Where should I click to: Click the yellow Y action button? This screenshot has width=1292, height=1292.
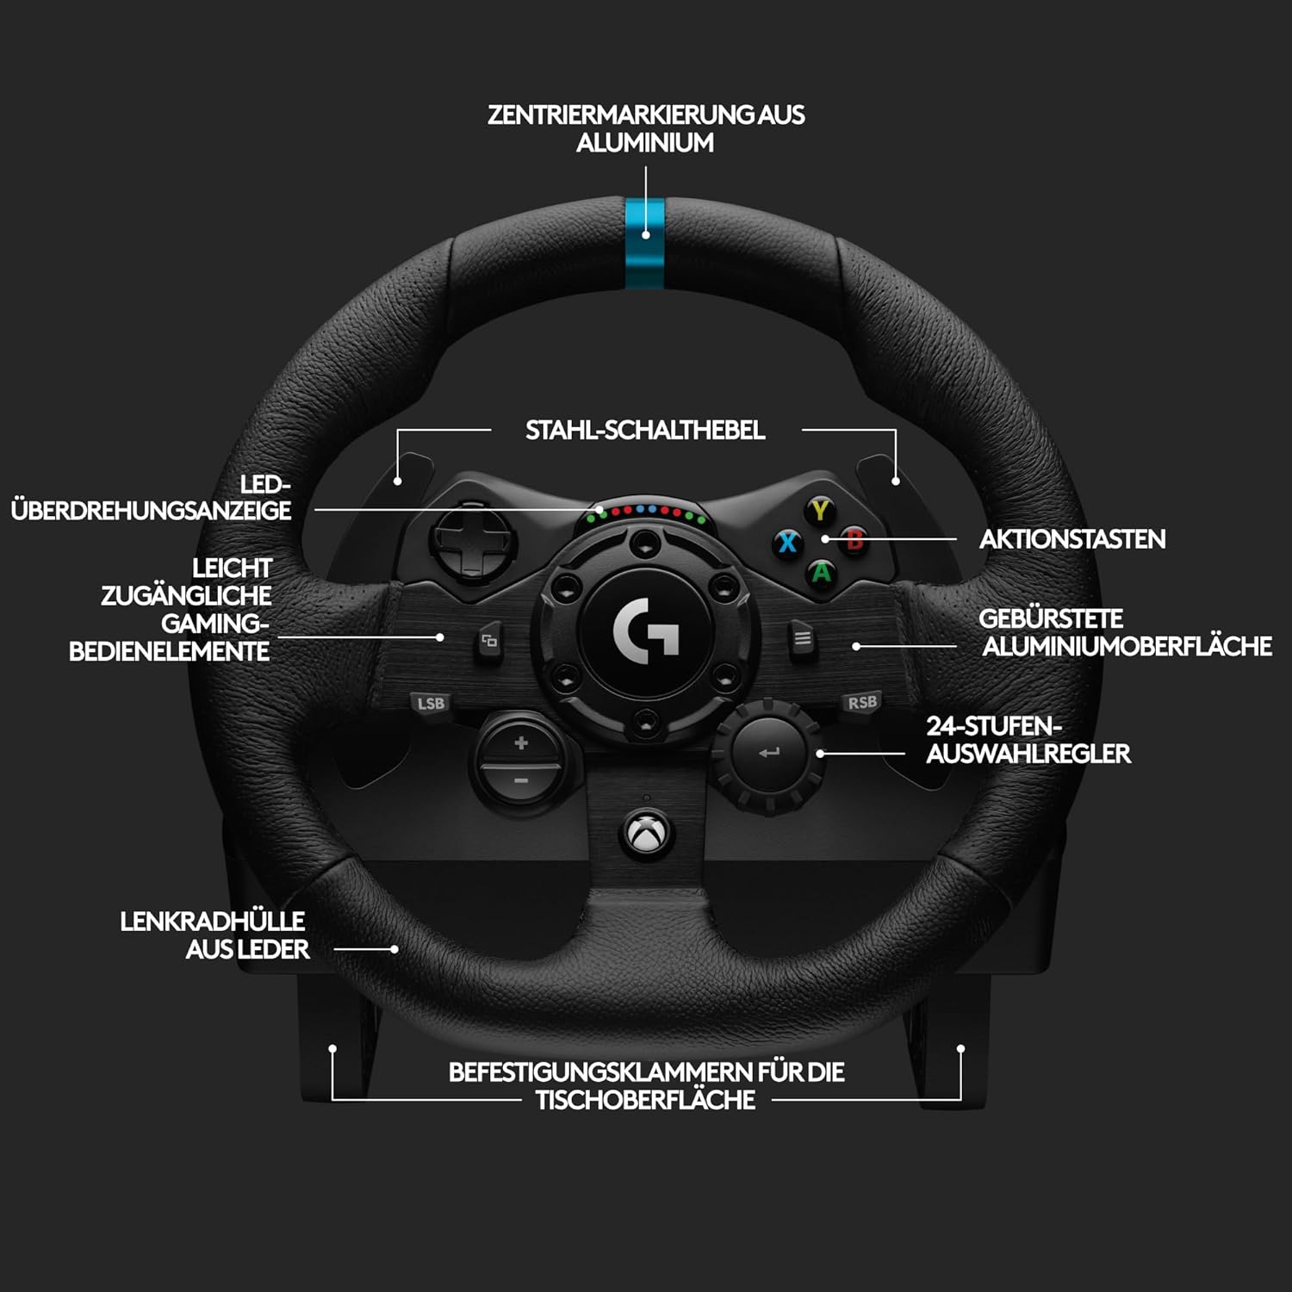[820, 510]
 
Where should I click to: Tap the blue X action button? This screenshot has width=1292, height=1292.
[787, 543]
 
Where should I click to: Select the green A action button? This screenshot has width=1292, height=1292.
[823, 573]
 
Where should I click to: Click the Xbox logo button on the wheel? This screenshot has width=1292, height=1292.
[646, 833]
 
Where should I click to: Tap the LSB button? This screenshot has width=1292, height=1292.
[431, 703]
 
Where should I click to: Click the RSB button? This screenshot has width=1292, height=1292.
[862, 702]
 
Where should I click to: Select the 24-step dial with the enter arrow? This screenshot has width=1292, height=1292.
[768, 754]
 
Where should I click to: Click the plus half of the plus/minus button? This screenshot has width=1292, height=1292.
[520, 742]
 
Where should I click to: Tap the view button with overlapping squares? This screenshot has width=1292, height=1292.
[489, 641]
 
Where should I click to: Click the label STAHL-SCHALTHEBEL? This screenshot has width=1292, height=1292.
[645, 430]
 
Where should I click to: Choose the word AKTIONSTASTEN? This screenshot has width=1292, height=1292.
[1072, 539]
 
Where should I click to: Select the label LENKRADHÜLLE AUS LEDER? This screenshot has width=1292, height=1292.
[214, 935]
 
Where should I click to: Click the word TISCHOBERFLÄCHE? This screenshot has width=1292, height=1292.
[645, 1100]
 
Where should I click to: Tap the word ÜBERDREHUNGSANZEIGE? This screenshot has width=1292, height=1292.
[152, 510]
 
